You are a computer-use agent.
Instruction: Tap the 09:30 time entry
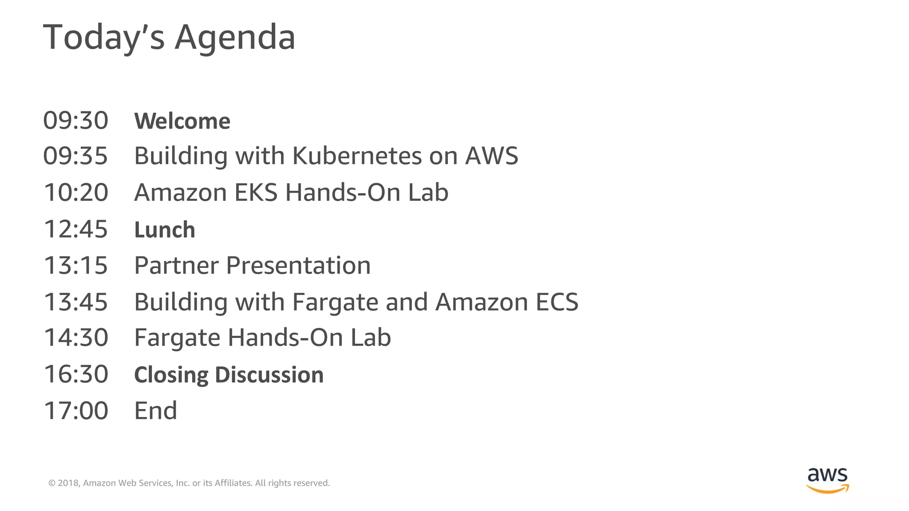pyautogui.click(x=75, y=121)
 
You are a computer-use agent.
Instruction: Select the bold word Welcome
pyautogui.click(x=182, y=121)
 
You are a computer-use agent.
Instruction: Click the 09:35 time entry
pyautogui.click(x=75, y=156)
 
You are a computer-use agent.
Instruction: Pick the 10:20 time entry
pyautogui.click(x=76, y=193)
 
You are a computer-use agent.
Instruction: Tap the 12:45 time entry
pyautogui.click(x=76, y=229)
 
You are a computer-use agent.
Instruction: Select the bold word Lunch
pyautogui.click(x=165, y=230)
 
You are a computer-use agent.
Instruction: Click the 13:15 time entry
pyautogui.click(x=76, y=265)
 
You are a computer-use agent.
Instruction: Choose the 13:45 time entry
pyautogui.click(x=76, y=302)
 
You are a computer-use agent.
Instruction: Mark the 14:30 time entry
pyautogui.click(x=76, y=338)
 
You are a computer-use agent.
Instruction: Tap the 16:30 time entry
pyautogui.click(x=76, y=374)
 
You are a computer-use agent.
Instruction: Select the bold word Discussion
pyautogui.click(x=269, y=375)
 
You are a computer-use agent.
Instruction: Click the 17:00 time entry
pyautogui.click(x=76, y=411)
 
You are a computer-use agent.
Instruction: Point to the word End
pyautogui.click(x=155, y=411)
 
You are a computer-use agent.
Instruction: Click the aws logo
pyautogui.click(x=827, y=480)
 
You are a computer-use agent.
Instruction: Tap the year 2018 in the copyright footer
pyautogui.click(x=68, y=483)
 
